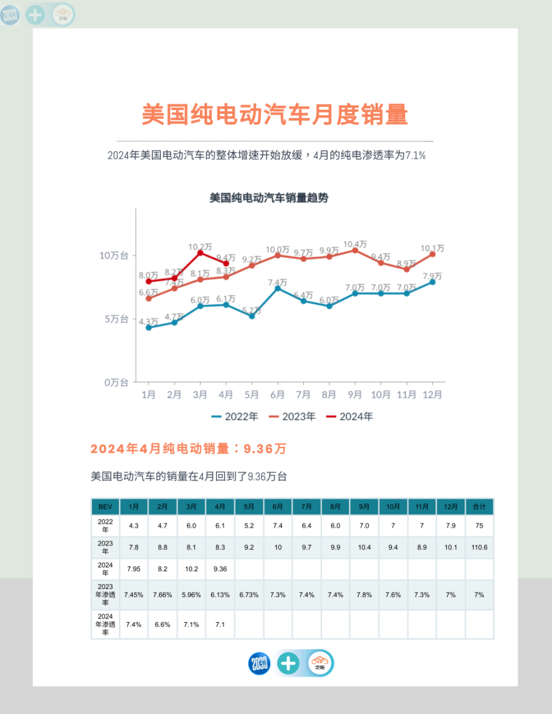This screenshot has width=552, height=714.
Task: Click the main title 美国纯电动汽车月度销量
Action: pos(275,114)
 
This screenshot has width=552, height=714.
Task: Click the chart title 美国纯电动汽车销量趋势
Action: pos(269,198)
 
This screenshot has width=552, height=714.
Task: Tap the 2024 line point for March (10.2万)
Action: pos(200,253)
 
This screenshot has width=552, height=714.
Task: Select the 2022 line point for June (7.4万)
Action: pos(278,288)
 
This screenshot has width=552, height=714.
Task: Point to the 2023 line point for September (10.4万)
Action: pos(355,250)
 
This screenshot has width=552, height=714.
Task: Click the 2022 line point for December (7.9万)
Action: pos(432,282)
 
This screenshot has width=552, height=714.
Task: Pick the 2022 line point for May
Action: pos(252,316)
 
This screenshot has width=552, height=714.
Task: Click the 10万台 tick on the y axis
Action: pos(114,256)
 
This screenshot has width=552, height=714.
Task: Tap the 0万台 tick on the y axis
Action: pos(116,383)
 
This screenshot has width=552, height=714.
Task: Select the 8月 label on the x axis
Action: pos(329,395)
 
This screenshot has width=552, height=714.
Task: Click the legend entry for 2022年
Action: pos(235,416)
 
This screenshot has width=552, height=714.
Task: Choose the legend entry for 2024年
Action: pos(350,416)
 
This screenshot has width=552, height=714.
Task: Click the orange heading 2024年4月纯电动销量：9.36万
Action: pos(188,449)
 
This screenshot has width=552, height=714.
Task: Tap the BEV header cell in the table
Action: pos(105,507)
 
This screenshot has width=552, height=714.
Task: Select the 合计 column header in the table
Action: pos(479,507)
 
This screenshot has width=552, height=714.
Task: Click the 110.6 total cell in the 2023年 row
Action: pos(479,547)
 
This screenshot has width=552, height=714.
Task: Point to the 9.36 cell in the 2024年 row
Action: pos(220,569)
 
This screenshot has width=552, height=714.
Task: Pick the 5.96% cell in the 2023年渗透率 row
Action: pos(191,595)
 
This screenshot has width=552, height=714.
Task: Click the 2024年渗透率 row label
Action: pos(105,624)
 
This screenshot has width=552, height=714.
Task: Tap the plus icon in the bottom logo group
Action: pos(288,663)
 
